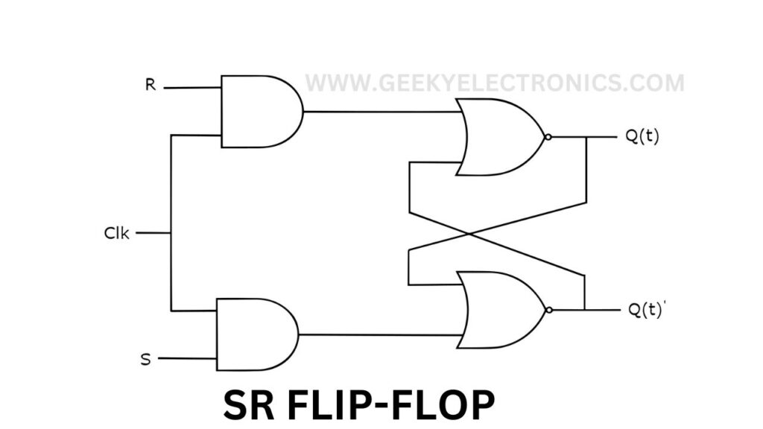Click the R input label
point(150,85)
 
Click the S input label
point(145,360)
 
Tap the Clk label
point(117,233)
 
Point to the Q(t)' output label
point(643,310)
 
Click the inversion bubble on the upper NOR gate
point(548,138)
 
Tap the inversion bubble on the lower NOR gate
point(548,310)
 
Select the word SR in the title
point(249,407)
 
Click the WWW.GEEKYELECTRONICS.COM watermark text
point(494,83)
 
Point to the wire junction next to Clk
point(171,233)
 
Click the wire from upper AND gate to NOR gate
point(380,112)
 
